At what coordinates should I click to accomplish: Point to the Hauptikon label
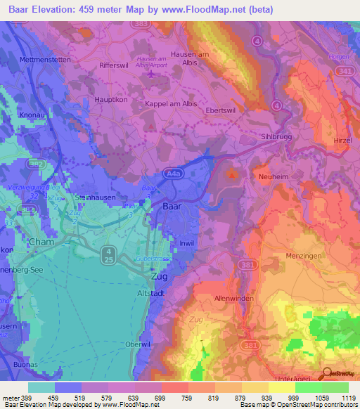(111, 100)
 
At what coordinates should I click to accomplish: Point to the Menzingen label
(304, 257)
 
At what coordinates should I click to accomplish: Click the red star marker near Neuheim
(232, 174)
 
